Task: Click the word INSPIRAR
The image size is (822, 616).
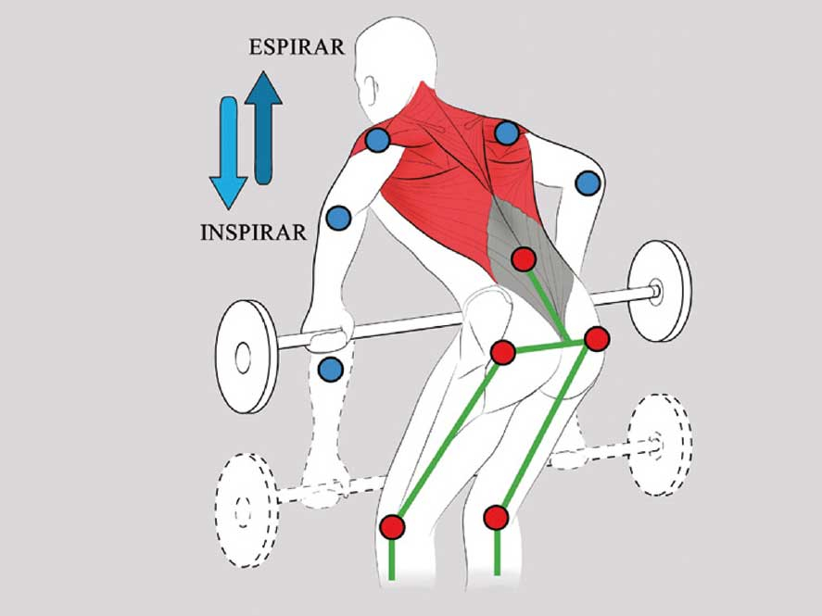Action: coord(253,232)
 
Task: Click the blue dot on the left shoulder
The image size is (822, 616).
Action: coord(376,141)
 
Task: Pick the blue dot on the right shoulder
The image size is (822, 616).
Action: coord(506,133)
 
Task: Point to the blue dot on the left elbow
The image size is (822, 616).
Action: coord(338,218)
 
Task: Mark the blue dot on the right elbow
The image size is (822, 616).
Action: coord(588,183)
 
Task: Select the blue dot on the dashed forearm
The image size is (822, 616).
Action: coord(330,370)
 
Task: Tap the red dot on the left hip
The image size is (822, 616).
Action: coord(502,352)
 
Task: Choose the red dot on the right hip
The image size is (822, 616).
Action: coord(596,338)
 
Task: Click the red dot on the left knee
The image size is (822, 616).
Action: coord(393,526)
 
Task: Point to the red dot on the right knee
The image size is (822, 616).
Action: coord(497,517)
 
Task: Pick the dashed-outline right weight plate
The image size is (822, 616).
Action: coord(658,444)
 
